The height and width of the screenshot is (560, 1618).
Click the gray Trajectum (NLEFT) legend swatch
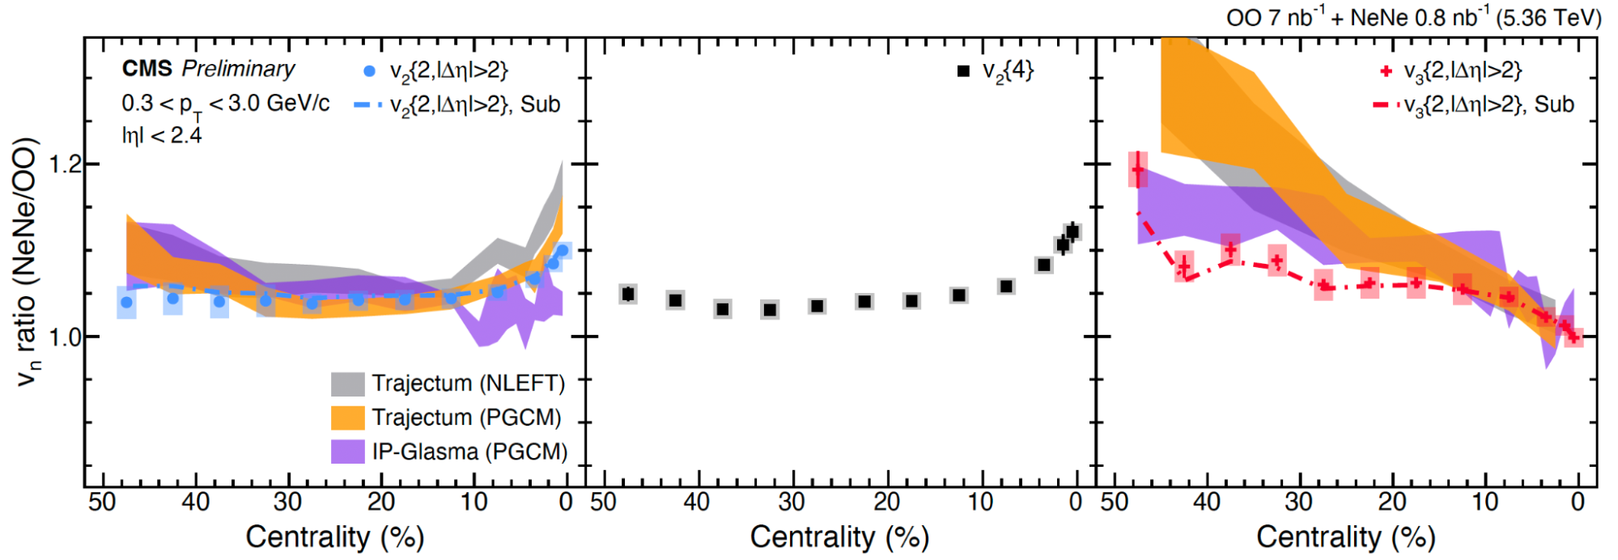pos(348,384)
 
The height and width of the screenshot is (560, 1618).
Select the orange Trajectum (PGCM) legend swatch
pos(348,418)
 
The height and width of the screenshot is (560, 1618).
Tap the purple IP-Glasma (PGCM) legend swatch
pos(348,452)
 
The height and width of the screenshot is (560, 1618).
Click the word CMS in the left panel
pos(147,69)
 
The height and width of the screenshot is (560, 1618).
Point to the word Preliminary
pos(238,69)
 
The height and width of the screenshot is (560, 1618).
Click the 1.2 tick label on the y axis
pos(65,164)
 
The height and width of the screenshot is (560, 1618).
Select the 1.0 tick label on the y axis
pos(65,337)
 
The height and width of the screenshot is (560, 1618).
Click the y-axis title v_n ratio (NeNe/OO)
pos(28,261)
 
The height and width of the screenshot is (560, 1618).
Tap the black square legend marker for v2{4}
pos(963,71)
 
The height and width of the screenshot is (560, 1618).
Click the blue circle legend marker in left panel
pos(370,71)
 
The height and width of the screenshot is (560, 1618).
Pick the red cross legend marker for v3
pos(1386,71)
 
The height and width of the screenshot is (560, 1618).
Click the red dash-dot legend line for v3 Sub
pos(1386,105)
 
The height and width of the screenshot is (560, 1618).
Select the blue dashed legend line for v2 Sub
pos(369,105)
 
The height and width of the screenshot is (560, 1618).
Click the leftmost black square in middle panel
pos(628,294)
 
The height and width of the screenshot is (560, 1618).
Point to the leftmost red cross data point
pos(1138,170)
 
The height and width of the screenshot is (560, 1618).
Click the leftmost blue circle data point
pos(126,303)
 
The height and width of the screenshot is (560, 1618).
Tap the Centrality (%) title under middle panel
pos(839,537)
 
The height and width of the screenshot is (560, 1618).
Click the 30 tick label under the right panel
pos(1299,503)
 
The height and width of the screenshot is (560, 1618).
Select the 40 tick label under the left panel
pos(195,503)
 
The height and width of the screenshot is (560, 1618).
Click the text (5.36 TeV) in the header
pos(1548,18)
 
